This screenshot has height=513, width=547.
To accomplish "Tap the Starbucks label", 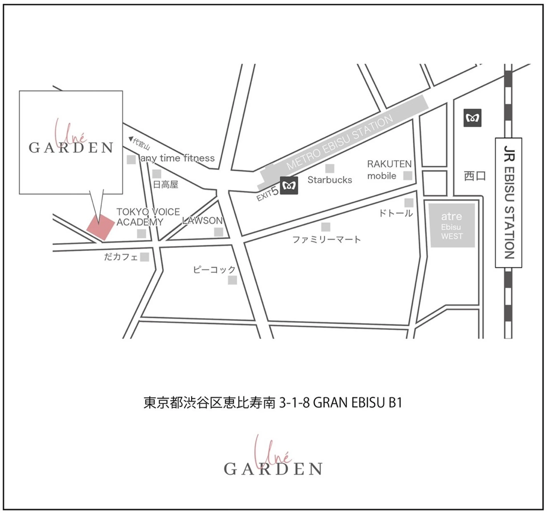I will click(330, 180).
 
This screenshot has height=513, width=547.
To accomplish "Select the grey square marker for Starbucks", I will click(330, 168).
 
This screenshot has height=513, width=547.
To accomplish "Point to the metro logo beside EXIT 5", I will click(289, 186).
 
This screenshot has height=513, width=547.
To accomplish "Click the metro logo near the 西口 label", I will click(472, 118).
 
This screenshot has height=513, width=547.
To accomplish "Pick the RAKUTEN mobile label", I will click(389, 170).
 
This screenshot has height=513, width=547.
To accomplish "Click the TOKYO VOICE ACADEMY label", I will click(148, 217).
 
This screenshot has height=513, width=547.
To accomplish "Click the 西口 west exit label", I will click(475, 176).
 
